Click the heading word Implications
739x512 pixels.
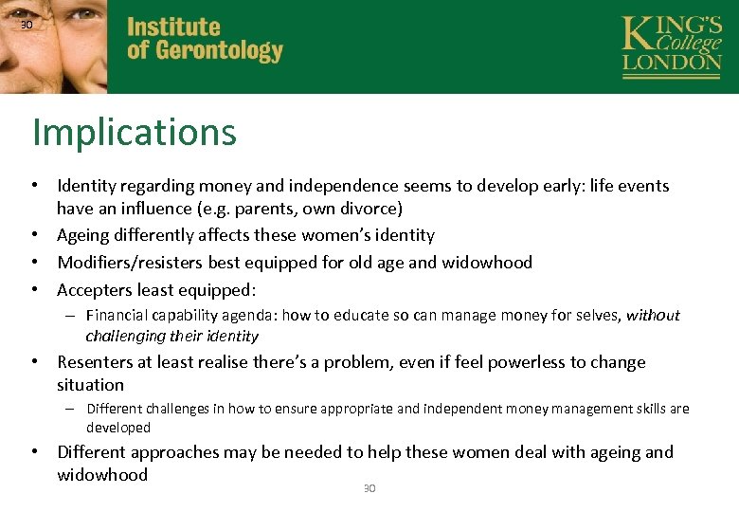tap(134, 133)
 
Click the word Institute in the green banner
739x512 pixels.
tap(173, 27)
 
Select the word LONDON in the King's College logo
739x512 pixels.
tap(672, 62)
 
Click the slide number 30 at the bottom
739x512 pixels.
tap(369, 488)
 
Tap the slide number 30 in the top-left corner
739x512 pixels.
tap(27, 25)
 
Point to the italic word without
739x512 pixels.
tap(653, 316)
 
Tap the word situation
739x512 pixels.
tap(90, 385)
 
